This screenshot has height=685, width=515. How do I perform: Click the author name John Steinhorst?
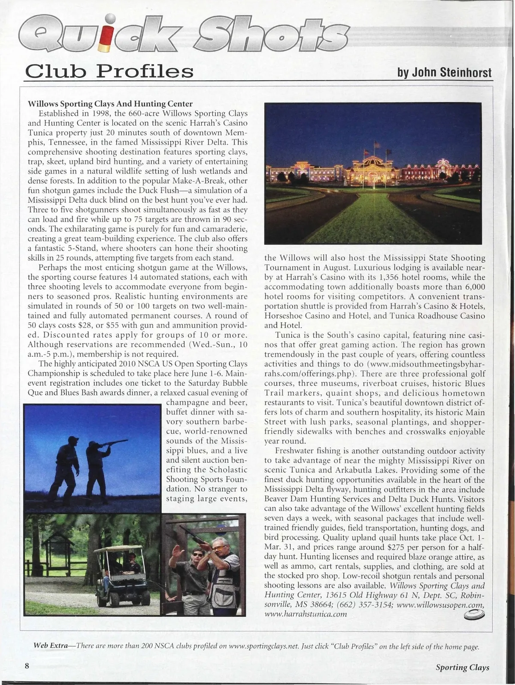[444, 73]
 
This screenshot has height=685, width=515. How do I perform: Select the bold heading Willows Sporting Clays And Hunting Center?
[110, 104]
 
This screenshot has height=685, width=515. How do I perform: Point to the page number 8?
[27, 666]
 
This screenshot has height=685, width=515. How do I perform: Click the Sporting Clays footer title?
[462, 667]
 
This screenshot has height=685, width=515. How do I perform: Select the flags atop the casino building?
[376, 147]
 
